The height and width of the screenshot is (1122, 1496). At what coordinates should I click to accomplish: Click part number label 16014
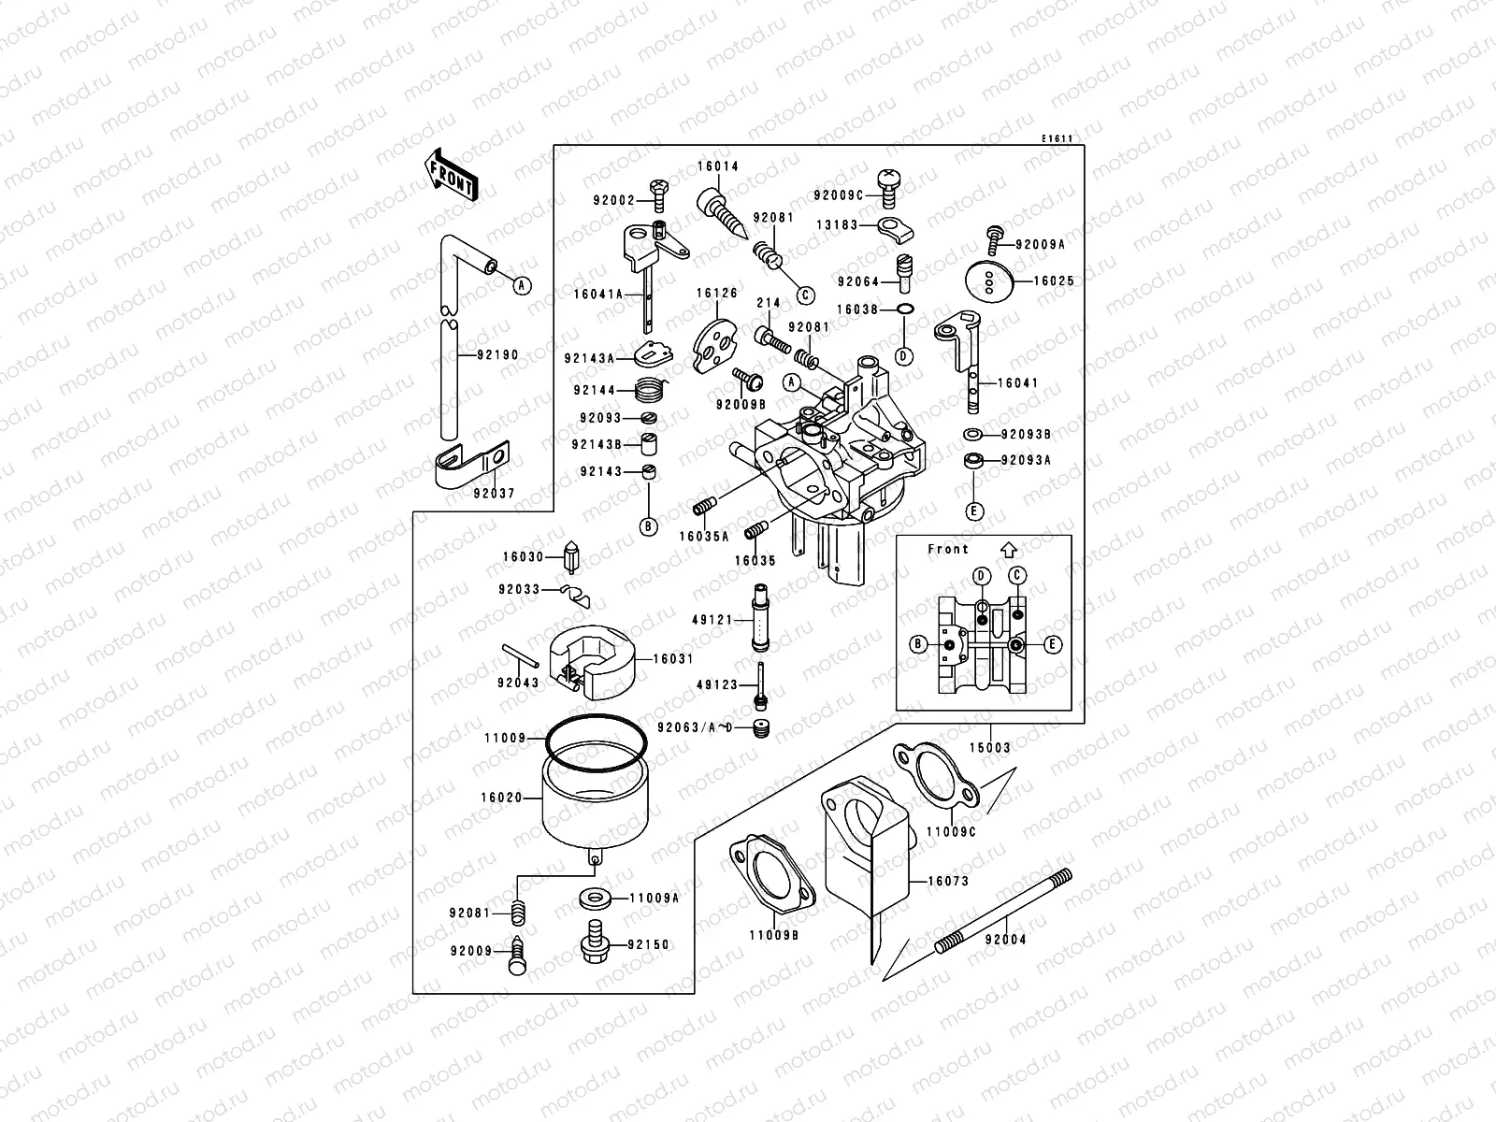click(717, 166)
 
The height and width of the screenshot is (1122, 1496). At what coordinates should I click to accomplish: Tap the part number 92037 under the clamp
click(494, 493)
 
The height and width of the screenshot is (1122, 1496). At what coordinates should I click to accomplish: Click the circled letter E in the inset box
click(1053, 644)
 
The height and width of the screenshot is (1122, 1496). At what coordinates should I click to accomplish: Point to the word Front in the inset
click(948, 549)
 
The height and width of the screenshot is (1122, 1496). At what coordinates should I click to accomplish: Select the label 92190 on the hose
click(496, 355)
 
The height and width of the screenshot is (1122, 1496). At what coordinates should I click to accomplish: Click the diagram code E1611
click(1057, 138)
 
